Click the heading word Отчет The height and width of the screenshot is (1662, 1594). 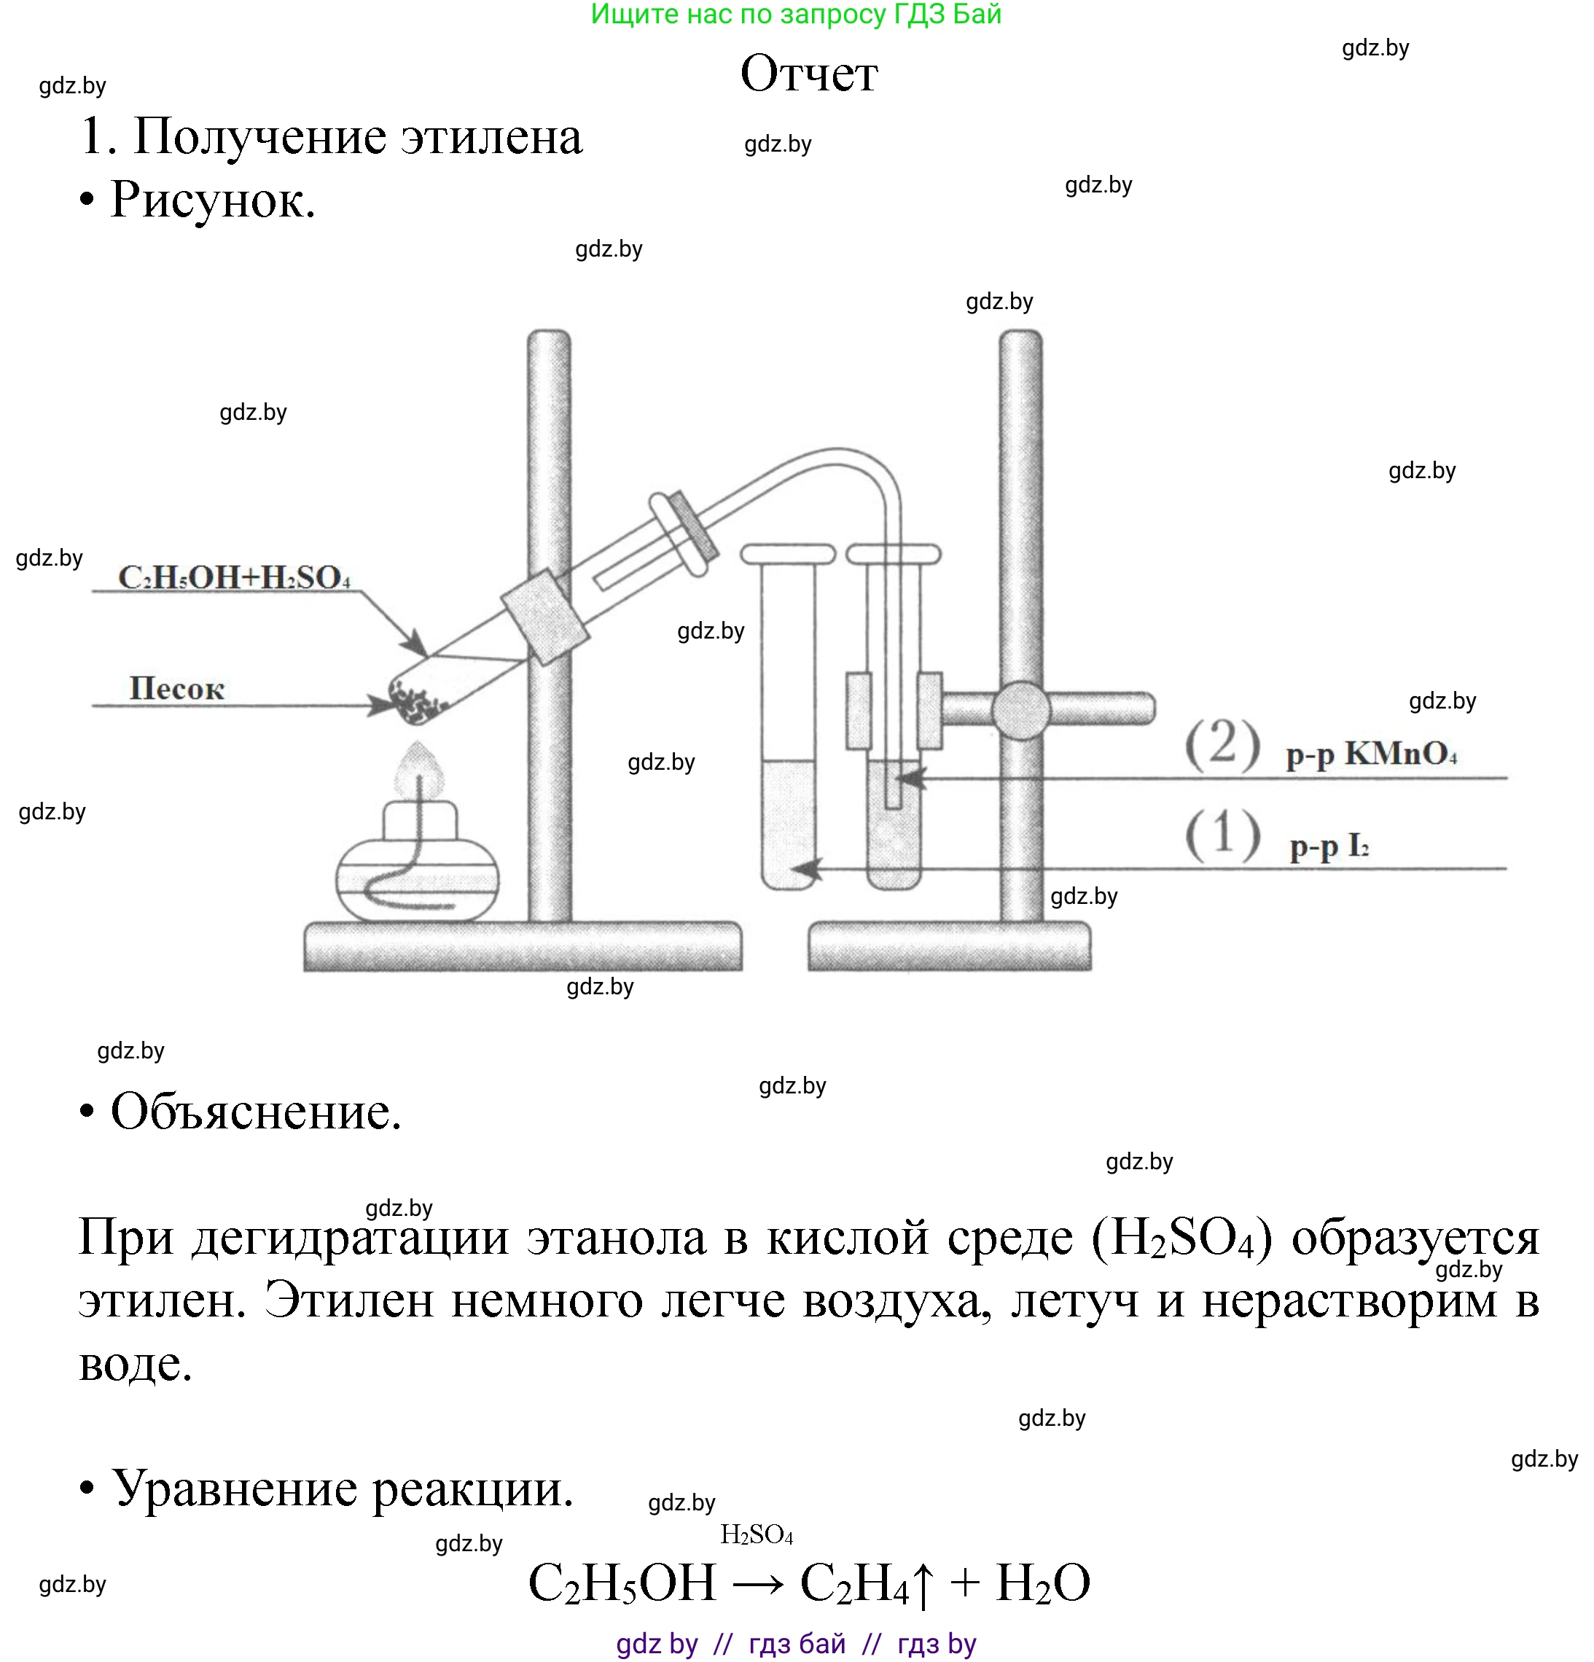coord(809,74)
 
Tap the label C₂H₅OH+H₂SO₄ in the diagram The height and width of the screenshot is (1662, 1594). coord(234,577)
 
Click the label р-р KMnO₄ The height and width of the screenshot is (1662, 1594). coord(1371,753)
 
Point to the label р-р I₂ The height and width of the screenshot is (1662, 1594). coord(1329,846)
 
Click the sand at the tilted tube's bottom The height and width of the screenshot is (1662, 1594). coord(415,701)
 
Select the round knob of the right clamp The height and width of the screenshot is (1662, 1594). coord(1021,710)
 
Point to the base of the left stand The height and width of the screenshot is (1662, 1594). coord(523,945)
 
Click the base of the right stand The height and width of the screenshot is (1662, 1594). coord(949,945)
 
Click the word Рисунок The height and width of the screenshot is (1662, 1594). coord(212,201)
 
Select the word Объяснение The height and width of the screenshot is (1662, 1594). coord(255,1112)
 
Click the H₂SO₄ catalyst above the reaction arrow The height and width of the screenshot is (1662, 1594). coord(757,1534)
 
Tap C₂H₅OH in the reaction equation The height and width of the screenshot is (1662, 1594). coord(622,1583)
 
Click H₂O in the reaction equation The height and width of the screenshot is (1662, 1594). coord(1042,1583)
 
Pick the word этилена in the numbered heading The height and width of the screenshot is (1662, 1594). coord(491,136)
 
